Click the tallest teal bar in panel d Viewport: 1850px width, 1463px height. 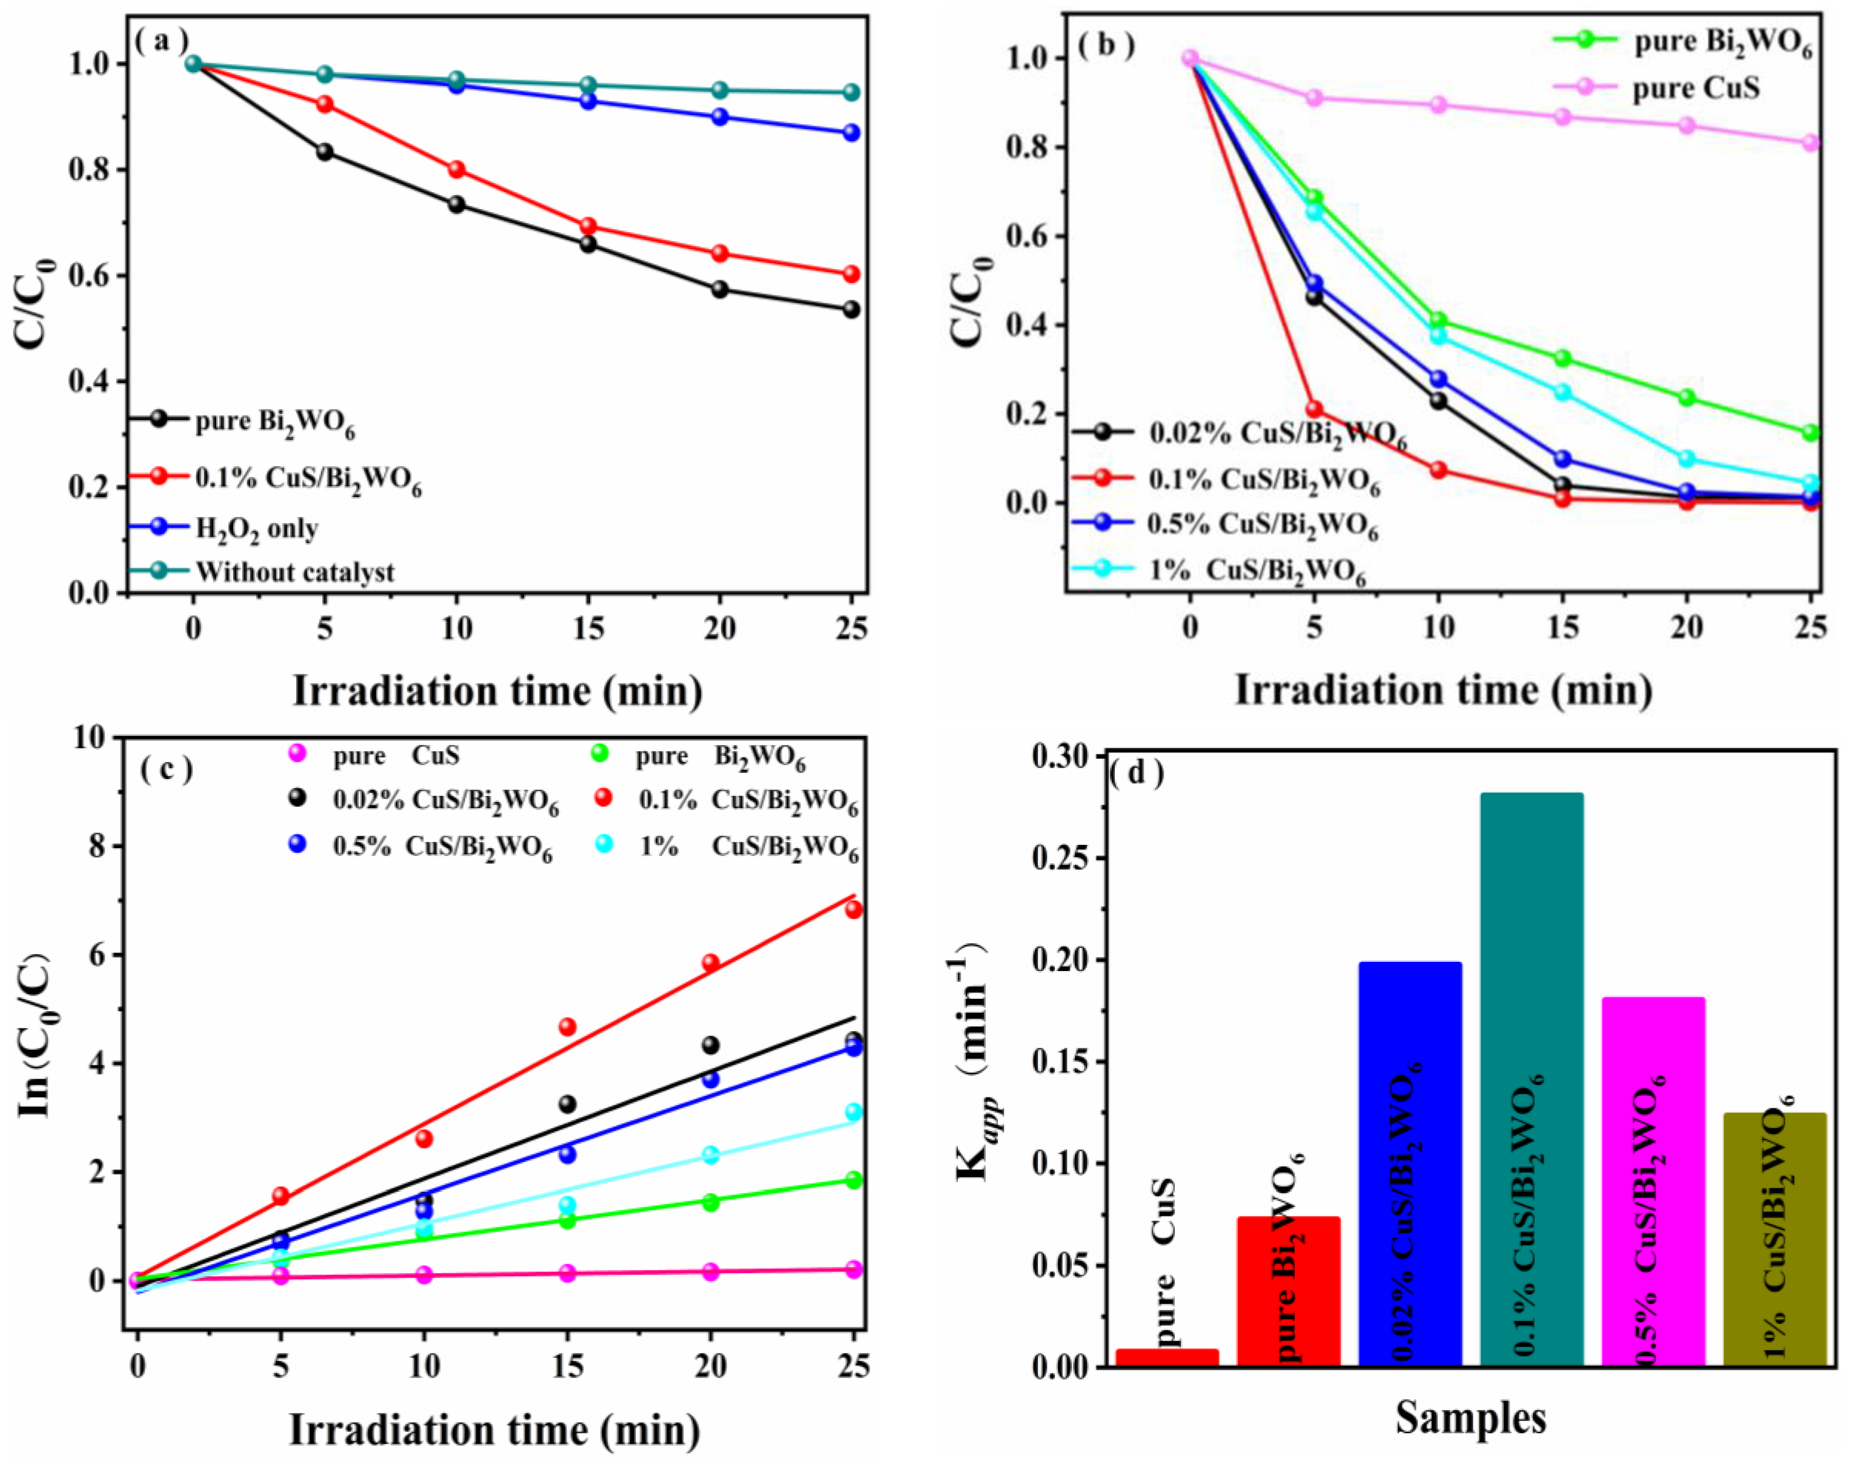point(1531,1079)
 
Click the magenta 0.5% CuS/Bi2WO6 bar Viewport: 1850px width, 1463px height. point(1653,1182)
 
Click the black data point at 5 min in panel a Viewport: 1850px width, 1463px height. point(325,152)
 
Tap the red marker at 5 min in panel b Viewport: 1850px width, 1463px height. point(1314,409)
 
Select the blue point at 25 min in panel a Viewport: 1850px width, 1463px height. point(850,133)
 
